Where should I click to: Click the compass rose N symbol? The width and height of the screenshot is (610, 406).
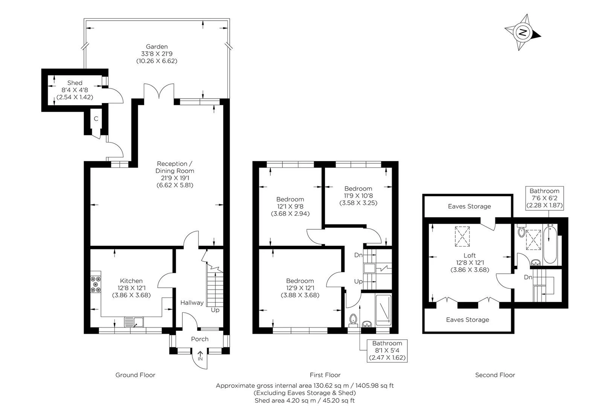coord(522,32)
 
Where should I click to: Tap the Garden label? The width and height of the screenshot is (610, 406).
coord(157,47)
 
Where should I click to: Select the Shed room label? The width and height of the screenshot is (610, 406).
coord(75,83)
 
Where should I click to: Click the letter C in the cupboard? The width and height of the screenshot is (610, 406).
coord(96,118)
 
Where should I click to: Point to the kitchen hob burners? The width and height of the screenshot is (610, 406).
coord(96,284)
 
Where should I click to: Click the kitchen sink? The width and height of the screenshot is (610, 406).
coord(134,322)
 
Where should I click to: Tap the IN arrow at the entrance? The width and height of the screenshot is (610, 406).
coord(200,356)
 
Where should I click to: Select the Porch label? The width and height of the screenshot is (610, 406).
coord(200,339)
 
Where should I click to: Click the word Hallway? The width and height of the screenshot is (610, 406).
coord(192,303)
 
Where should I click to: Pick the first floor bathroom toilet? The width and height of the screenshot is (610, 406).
coord(353,320)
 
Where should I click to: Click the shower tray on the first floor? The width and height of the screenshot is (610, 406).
coord(383,311)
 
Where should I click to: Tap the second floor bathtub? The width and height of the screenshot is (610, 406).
coord(550,244)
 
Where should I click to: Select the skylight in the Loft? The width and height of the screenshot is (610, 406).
coord(462,236)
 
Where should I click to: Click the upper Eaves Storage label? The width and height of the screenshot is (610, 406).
coord(469,206)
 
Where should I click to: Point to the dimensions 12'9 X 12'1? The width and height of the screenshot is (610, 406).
coord(300,288)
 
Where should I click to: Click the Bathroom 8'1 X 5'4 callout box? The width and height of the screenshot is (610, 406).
coord(387,351)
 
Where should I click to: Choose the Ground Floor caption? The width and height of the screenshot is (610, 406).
coord(135,375)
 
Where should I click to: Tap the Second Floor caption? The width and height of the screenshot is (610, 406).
coord(495,375)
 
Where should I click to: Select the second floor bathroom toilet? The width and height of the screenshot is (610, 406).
coord(521,232)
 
